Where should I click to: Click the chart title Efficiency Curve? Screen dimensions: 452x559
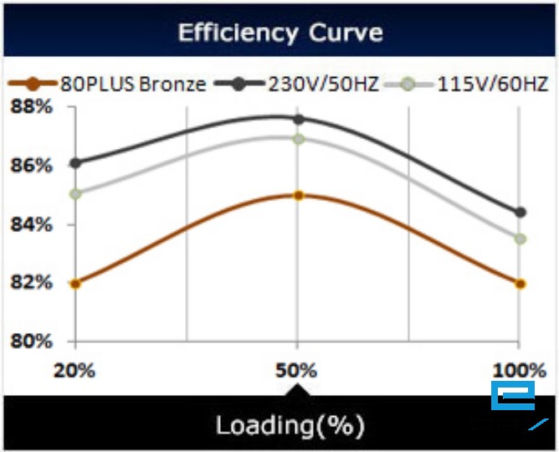[279, 33]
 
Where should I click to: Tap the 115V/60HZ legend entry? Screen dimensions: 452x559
[478, 84]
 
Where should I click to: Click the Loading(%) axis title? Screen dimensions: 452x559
[290, 425]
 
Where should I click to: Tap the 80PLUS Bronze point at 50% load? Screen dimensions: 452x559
[297, 195]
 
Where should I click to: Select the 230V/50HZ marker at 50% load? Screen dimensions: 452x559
[297, 119]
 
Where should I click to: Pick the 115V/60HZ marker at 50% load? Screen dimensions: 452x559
[297, 139]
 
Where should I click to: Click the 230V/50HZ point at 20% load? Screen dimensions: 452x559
[75, 163]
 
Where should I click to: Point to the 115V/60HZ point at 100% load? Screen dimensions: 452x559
[520, 239]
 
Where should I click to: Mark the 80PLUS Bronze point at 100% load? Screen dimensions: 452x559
[520, 284]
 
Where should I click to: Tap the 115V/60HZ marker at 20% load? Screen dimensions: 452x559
[75, 194]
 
